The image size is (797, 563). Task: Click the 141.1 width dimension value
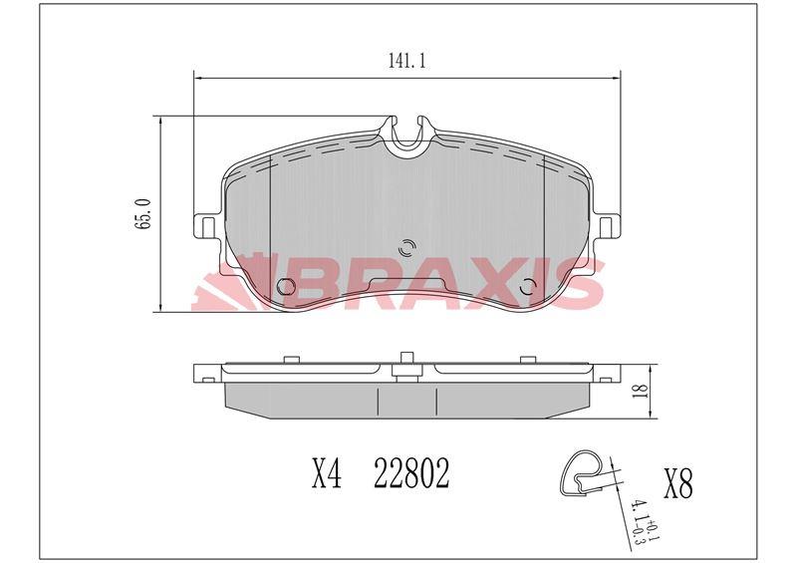pyautogui.click(x=406, y=62)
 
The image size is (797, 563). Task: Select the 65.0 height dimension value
pyautogui.click(x=144, y=214)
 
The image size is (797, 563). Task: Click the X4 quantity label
pyautogui.click(x=326, y=474)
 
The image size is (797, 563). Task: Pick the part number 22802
pyautogui.click(x=410, y=474)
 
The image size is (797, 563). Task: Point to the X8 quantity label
pyautogui.click(x=676, y=484)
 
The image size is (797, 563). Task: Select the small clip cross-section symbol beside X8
pyautogui.click(x=582, y=470)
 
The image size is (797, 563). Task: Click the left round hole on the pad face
pyautogui.click(x=285, y=288)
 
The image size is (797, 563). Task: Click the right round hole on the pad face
pyautogui.click(x=530, y=288)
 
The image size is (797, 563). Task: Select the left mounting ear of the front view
pyautogui.click(x=206, y=226)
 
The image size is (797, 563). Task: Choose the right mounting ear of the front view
pyautogui.click(x=609, y=226)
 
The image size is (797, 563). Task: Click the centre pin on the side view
pyautogui.click(x=406, y=365)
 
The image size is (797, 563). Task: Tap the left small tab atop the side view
pyautogui.click(x=291, y=357)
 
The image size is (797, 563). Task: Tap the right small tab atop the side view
pyautogui.click(x=525, y=357)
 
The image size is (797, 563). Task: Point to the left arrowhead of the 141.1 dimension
pyautogui.click(x=197, y=76)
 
